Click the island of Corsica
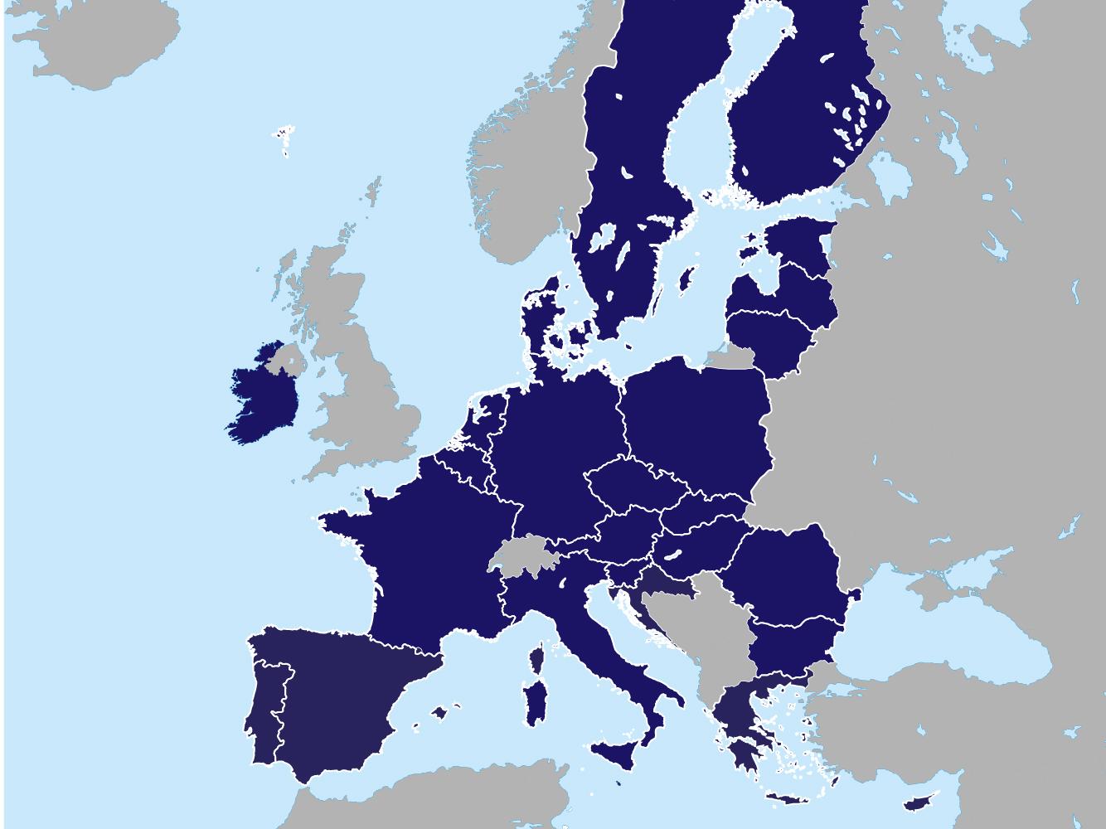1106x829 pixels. coord(536,659)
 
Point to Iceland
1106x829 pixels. coord(91,41)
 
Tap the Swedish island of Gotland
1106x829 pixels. coord(686,278)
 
